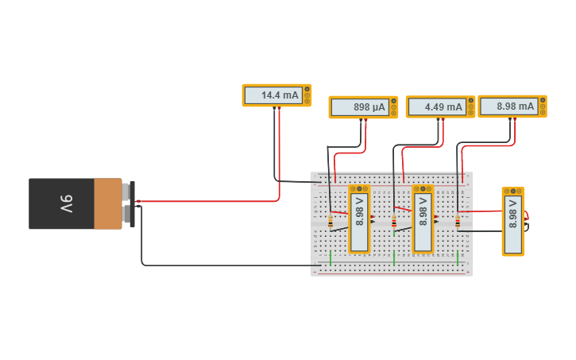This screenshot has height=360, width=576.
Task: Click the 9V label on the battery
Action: [66, 204]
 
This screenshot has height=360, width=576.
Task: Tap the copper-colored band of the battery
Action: [107, 204]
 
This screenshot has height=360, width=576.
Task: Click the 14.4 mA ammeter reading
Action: [273, 95]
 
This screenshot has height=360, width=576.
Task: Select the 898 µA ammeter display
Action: [361, 107]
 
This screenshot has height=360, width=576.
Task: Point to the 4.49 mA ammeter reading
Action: [438, 107]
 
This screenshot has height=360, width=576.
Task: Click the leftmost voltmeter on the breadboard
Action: [360, 219]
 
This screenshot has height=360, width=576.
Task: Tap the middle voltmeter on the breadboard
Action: [423, 219]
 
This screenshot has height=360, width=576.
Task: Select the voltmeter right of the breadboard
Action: [513, 222]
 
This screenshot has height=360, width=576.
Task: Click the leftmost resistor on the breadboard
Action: [331, 223]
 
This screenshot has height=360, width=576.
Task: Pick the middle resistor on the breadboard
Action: [394, 223]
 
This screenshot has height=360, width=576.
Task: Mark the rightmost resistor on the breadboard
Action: [458, 223]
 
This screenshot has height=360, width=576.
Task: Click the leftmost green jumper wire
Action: [331, 257]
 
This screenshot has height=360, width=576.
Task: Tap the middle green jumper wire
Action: [394, 257]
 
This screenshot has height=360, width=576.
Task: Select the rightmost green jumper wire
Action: [458, 257]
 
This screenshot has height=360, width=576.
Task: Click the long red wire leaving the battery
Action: [207, 201]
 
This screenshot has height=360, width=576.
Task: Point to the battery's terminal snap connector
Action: [129, 203]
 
